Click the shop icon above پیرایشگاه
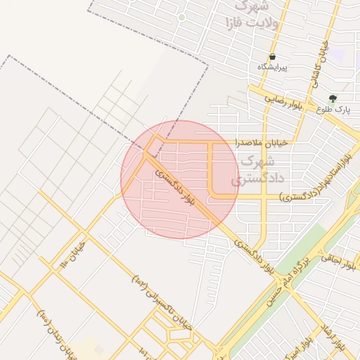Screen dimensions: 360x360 (x=273, y=56)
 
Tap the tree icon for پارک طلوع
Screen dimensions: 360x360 (x=333, y=99)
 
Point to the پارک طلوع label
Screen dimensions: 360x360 (x=333, y=110)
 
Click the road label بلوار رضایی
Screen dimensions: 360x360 (x=283, y=101)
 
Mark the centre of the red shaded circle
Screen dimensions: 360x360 (x=180, y=179)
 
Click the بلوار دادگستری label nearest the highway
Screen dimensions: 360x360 (x=256, y=257)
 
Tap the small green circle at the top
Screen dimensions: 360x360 (x=181, y=17)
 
